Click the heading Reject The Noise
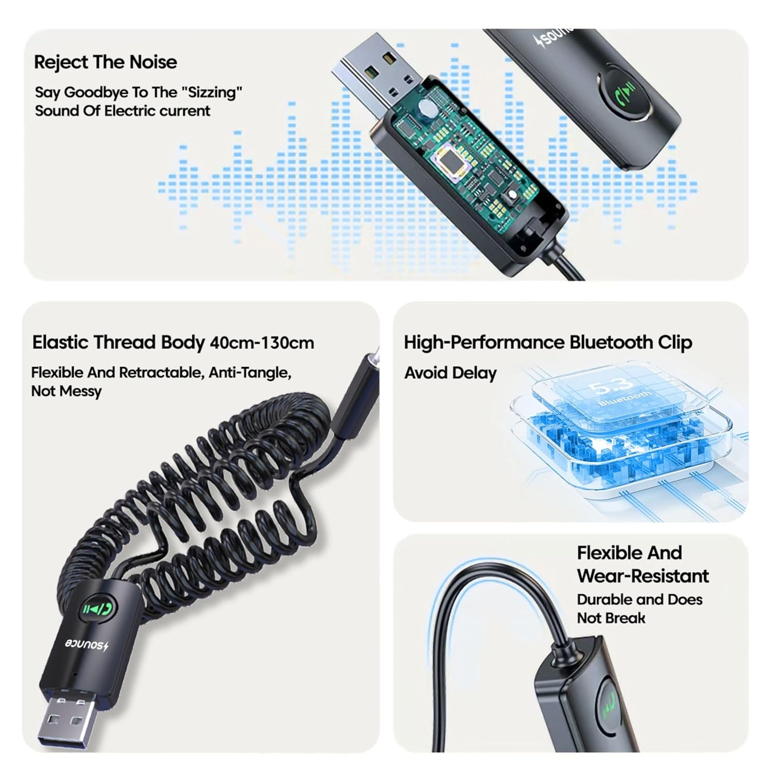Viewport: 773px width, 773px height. [106, 62]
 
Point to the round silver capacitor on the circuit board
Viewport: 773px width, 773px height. [427, 108]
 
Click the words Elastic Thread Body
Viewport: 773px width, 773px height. [119, 343]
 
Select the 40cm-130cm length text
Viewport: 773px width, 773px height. [262, 343]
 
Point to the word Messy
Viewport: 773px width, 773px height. [80, 391]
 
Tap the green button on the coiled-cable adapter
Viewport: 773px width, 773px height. [101, 609]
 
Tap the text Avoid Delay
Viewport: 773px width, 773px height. [450, 373]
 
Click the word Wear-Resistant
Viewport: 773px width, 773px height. [643, 576]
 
